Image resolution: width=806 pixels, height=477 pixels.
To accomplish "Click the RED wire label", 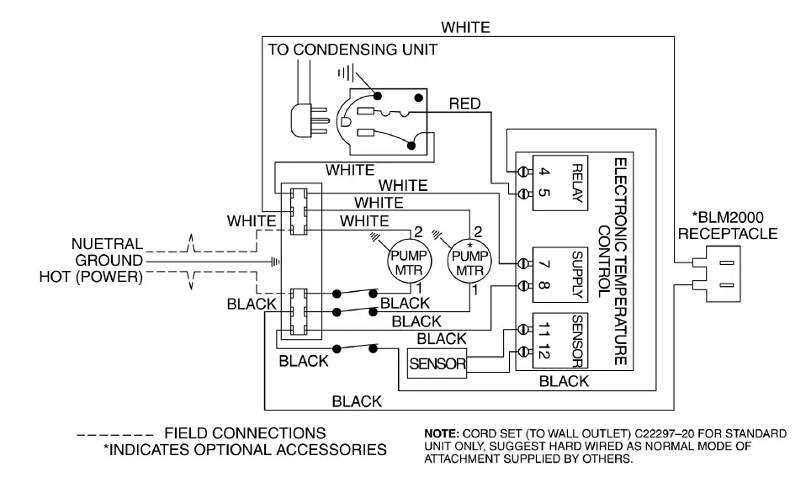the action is (x=464, y=103).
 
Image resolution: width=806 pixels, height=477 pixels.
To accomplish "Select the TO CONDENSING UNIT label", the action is (x=353, y=50).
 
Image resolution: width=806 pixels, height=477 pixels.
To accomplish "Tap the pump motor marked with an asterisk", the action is (x=469, y=262).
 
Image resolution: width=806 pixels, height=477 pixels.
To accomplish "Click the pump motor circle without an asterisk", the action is (x=409, y=262).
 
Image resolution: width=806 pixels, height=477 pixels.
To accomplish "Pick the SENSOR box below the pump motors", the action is (x=437, y=363).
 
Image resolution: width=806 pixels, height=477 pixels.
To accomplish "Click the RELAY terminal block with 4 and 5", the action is (x=559, y=183).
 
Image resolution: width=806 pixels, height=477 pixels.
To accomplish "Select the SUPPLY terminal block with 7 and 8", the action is (x=559, y=274).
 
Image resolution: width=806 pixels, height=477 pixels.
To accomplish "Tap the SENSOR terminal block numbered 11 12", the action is (x=559, y=340).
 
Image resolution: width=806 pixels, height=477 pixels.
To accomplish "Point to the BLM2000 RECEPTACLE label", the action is (x=728, y=225).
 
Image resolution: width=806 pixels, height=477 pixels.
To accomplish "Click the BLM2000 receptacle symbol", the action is (x=716, y=274).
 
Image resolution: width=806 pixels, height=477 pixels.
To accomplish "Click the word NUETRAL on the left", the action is (x=107, y=244).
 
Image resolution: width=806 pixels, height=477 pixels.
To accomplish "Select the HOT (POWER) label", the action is (x=91, y=277).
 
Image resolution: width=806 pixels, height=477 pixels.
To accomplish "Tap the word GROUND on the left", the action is (x=109, y=260).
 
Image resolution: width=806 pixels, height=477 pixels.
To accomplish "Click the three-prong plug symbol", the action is (x=309, y=121).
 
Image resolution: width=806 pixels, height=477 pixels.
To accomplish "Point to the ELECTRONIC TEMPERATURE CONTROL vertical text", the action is (x=612, y=261).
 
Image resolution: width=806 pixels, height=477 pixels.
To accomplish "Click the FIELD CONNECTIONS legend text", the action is (x=245, y=433).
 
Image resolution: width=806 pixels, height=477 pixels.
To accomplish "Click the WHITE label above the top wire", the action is (x=466, y=27).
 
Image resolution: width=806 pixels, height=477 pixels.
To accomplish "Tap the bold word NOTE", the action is (x=442, y=434).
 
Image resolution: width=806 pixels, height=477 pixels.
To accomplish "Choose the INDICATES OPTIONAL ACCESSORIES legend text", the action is (x=245, y=450).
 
